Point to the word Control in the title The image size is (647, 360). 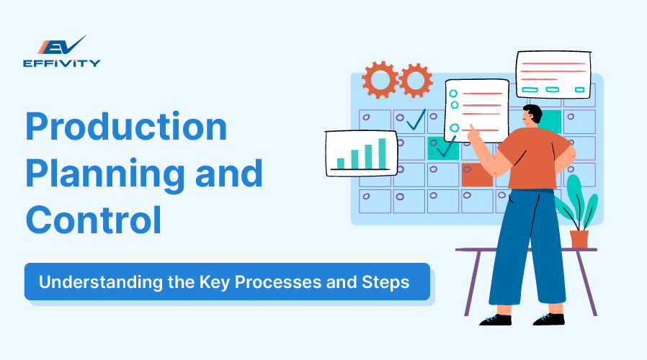pos(94,220)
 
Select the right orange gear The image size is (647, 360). pos(416,80)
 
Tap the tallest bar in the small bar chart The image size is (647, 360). pos(383,153)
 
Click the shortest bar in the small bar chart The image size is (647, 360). pos(341,163)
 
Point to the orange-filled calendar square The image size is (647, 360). pos(476,175)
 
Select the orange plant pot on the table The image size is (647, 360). pos(579,238)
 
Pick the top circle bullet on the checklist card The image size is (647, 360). pos(454,93)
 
